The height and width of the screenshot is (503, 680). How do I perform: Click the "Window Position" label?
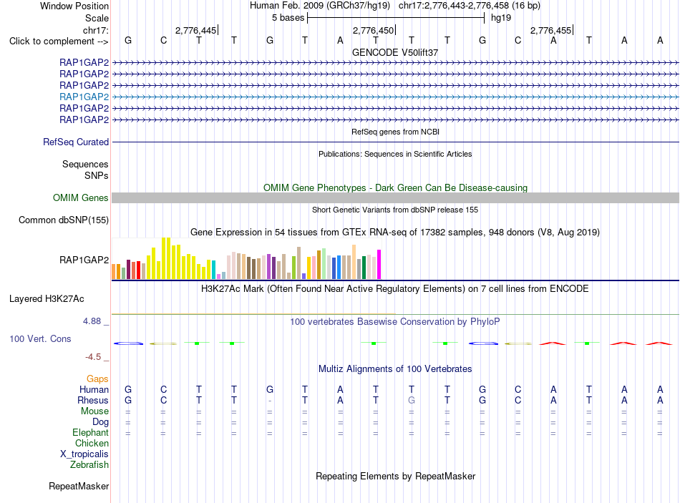pos(74,6)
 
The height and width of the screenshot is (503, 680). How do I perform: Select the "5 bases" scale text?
pos(288,18)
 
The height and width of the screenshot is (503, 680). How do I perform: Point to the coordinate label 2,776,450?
pos(373,30)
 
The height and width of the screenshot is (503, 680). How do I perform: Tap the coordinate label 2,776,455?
pos(550,30)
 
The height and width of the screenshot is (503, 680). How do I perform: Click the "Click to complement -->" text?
pos(59,41)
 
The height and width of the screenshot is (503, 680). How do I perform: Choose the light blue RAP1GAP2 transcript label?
pos(84,97)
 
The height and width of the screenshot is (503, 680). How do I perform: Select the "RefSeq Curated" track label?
pos(76,142)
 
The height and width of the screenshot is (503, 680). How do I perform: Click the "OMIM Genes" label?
pos(81,197)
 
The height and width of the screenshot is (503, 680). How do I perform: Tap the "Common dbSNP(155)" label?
pos(64,220)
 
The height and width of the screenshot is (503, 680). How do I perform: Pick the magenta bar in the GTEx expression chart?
pos(379,264)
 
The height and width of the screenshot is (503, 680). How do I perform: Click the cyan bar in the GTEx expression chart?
pos(214,270)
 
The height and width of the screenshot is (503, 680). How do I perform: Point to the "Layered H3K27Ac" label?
pos(47,299)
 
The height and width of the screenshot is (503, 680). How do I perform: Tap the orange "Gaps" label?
pos(97,379)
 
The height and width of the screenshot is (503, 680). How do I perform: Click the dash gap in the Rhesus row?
pos(270,401)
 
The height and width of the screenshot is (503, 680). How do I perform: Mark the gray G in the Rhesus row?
pos(412,400)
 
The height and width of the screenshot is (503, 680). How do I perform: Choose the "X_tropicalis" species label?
pos(84,454)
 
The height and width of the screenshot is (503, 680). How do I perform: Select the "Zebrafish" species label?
pos(89,465)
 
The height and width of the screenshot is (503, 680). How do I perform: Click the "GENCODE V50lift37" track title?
pos(395,52)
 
